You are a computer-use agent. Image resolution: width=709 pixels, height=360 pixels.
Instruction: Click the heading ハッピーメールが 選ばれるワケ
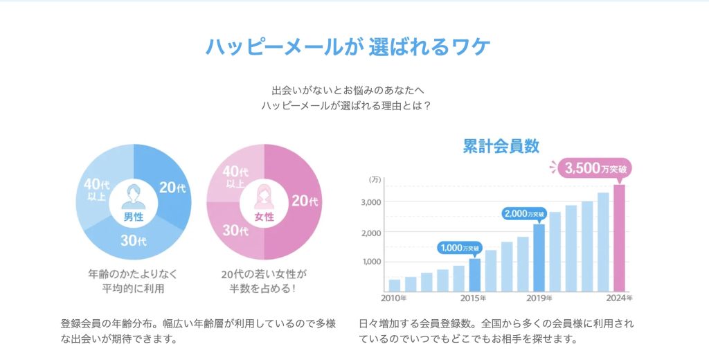click(x=348, y=46)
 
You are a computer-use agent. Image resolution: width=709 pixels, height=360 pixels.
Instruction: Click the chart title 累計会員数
click(x=501, y=146)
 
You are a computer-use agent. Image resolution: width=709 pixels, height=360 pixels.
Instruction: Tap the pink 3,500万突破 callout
click(x=597, y=168)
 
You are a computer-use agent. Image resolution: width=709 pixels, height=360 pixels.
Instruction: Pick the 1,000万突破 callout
click(x=462, y=247)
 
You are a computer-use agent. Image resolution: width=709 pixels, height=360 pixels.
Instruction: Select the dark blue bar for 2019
click(x=539, y=257)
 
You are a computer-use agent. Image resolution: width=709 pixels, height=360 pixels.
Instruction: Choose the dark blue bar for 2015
click(x=474, y=274)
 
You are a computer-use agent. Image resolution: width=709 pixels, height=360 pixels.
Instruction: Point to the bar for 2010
click(x=395, y=284)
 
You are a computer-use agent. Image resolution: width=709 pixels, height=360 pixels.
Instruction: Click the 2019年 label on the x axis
click(x=539, y=298)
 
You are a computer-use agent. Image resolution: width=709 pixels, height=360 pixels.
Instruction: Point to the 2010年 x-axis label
click(x=394, y=298)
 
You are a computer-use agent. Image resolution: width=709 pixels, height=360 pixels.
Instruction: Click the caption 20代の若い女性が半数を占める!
click(x=262, y=280)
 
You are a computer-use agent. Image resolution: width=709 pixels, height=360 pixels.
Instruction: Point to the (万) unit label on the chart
click(x=375, y=179)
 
